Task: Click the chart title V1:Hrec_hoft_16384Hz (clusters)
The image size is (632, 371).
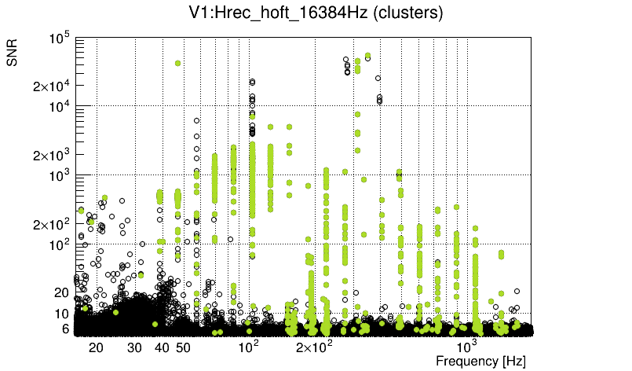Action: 316,13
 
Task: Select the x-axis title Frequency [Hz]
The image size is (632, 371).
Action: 480,361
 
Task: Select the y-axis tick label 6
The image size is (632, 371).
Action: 67,329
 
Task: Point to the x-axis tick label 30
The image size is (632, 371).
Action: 134,347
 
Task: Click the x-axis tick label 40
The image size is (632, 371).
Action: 162,347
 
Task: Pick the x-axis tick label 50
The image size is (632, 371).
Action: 182,347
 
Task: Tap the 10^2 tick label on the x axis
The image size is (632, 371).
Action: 248,347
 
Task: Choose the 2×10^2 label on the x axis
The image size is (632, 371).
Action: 313,347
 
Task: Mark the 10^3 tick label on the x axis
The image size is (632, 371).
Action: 467,347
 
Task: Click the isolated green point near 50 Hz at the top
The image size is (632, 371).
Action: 178,63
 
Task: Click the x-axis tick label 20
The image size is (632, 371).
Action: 96,347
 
